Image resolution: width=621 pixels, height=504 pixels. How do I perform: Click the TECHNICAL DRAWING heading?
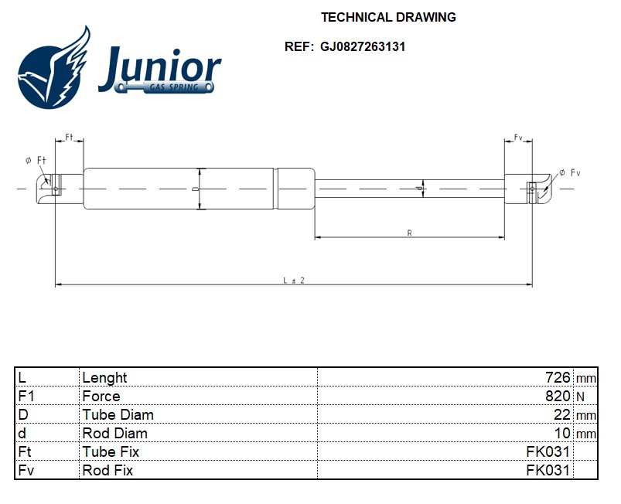coord(387,17)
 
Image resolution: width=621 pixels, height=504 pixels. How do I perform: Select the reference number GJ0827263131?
coord(363,46)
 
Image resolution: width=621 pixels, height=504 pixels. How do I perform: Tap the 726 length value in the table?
coord(558,377)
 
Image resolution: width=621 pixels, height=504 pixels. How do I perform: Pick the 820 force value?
coord(558,396)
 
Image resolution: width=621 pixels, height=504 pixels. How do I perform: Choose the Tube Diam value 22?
coord(562,414)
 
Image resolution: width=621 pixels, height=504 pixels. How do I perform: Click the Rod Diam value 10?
coord(562,433)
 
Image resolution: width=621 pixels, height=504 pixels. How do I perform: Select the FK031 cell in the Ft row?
coord(548,451)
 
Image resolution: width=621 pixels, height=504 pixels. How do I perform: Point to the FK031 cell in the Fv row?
coord(548,470)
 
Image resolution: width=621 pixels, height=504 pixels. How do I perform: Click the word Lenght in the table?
coord(104,377)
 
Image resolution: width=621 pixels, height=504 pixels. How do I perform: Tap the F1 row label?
coord(26,396)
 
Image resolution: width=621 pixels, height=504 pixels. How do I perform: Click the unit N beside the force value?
coord(579,397)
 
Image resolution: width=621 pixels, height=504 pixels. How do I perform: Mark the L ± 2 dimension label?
coord(293,280)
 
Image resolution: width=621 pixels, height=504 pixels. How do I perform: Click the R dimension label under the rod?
coord(408,232)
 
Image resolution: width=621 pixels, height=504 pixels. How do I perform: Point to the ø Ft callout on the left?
coord(35,160)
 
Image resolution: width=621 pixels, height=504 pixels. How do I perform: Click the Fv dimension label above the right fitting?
coord(518,138)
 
